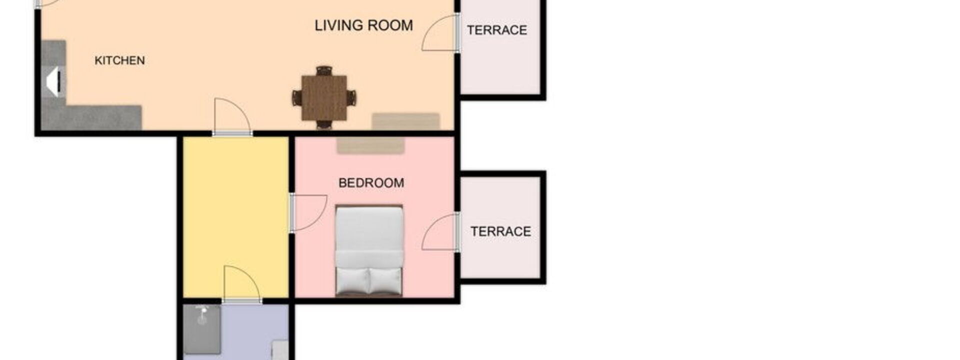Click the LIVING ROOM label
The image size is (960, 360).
pyautogui.click(x=363, y=25)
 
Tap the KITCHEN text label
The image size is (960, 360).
pyautogui.click(x=119, y=60)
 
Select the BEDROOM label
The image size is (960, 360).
pyautogui.click(x=371, y=183)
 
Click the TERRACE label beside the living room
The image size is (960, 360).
pyautogui.click(x=497, y=30)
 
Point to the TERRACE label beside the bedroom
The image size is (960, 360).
pyautogui.click(x=500, y=231)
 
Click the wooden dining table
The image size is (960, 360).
pyautogui.click(x=324, y=97)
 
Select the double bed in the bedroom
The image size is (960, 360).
pyautogui.click(x=369, y=250)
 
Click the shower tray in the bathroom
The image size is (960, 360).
pyautogui.click(x=202, y=329)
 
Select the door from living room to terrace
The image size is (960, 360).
pyautogui.click(x=440, y=33)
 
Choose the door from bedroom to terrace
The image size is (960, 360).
pyautogui.click(x=440, y=231)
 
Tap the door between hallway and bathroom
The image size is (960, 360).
pyautogui.click(x=242, y=284)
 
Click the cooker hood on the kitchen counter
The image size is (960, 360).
pyautogui.click(x=53, y=82)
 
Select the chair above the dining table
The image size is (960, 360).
pyautogui.click(x=324, y=71)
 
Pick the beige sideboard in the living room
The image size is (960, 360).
pyautogui.click(x=406, y=121)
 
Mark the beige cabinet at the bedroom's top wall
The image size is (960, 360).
pyautogui.click(x=370, y=145)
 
